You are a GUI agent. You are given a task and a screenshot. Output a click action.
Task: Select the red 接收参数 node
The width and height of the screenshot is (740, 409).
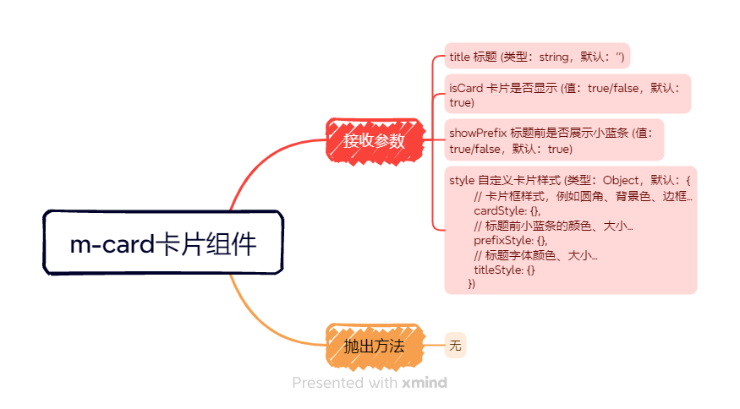374,140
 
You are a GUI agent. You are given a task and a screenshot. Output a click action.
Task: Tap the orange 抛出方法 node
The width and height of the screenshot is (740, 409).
374,346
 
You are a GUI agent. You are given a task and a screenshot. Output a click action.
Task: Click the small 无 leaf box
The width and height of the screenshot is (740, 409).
456,346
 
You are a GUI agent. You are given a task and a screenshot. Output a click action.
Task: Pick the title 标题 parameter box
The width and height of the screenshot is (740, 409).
537,57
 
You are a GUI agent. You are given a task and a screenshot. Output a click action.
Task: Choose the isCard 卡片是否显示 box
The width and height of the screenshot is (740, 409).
567,94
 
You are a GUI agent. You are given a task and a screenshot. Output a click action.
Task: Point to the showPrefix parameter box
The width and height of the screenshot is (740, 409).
554,140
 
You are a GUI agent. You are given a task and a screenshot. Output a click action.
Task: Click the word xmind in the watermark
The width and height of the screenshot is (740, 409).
425,383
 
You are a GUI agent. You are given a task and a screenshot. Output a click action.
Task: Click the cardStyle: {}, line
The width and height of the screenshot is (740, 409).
507,210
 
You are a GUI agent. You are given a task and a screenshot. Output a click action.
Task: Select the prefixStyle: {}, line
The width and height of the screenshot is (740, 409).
511,240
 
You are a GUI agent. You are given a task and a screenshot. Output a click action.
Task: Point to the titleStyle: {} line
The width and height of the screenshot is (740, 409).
504,270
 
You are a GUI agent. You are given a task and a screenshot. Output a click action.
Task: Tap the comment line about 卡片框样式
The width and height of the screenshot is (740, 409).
584,196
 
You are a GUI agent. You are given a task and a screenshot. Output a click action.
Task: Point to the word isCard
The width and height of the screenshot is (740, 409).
466,87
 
